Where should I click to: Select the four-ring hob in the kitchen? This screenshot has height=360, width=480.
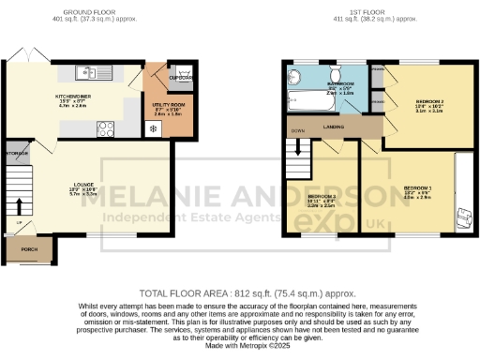tap(106, 129)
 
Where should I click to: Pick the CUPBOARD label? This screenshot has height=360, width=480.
tap(182, 79)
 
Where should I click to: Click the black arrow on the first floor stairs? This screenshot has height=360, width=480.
tap(302, 148)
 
